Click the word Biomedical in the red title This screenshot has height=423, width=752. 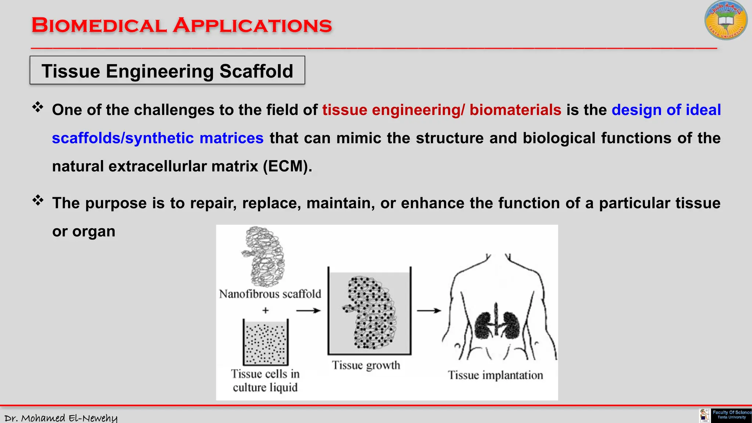99,26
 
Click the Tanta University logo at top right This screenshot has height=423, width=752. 726,21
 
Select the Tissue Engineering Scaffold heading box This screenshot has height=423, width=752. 167,70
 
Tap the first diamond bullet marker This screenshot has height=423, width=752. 38,108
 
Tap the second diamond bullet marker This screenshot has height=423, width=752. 38,200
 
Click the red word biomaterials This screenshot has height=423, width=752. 515,110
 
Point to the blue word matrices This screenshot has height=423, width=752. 231,138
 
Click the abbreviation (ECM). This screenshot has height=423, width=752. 287,166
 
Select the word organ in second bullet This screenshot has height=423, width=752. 94,231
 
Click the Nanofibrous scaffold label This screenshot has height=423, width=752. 270,294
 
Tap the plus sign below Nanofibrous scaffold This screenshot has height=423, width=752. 265,311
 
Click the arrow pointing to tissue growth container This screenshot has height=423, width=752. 308,311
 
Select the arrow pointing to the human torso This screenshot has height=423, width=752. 429,311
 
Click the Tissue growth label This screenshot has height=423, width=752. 366,365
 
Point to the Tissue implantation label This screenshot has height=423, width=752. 495,375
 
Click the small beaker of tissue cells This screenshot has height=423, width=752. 265,342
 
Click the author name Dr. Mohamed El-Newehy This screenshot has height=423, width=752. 61,418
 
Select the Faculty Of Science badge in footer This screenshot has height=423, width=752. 731,415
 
